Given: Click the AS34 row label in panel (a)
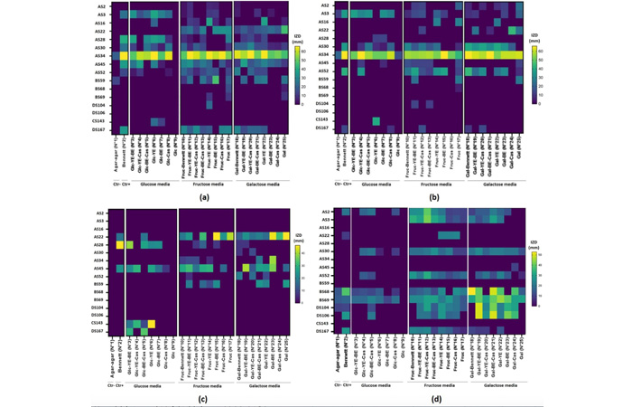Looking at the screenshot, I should pos(99,55).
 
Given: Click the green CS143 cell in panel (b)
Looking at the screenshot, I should pos(375,120).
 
